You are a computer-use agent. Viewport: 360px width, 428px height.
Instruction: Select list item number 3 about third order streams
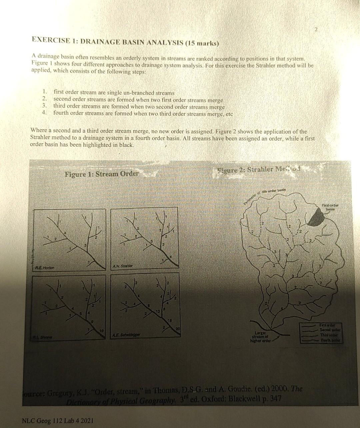pyautogui.click(x=139, y=107)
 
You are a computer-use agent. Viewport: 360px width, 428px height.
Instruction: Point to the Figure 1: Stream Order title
pyautogui.click(x=102, y=174)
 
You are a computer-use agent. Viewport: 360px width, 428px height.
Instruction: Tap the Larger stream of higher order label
pyautogui.click(x=261, y=334)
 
